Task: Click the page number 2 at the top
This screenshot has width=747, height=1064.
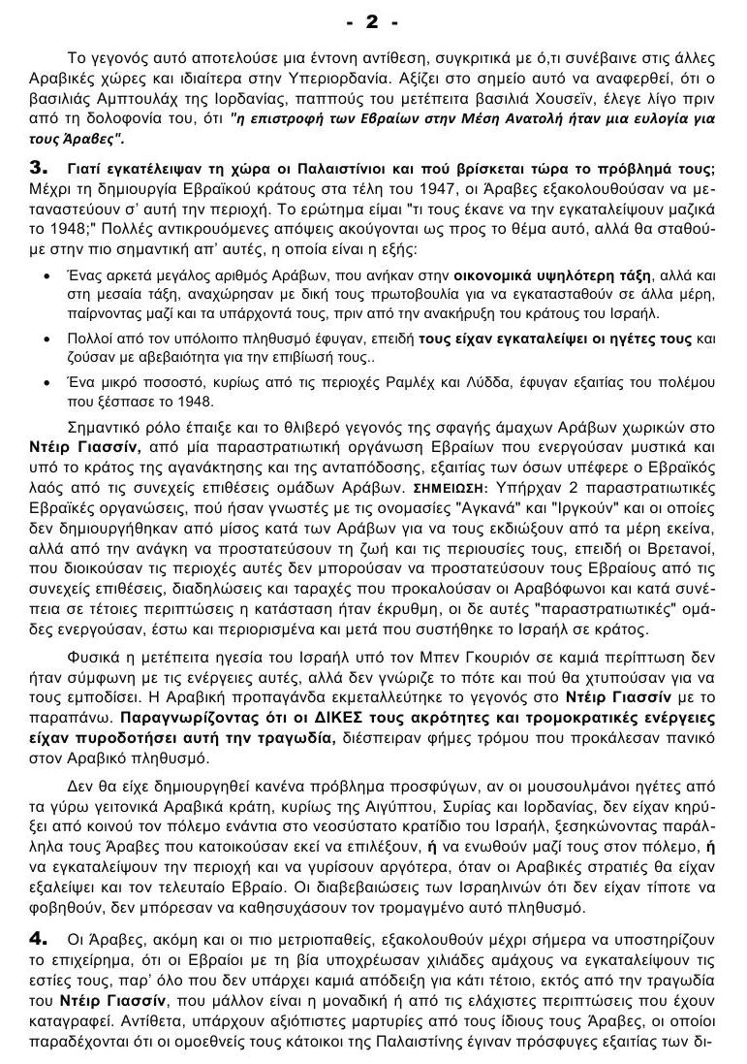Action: [x=372, y=20]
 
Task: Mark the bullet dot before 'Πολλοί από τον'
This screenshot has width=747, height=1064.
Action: [x=49, y=340]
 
